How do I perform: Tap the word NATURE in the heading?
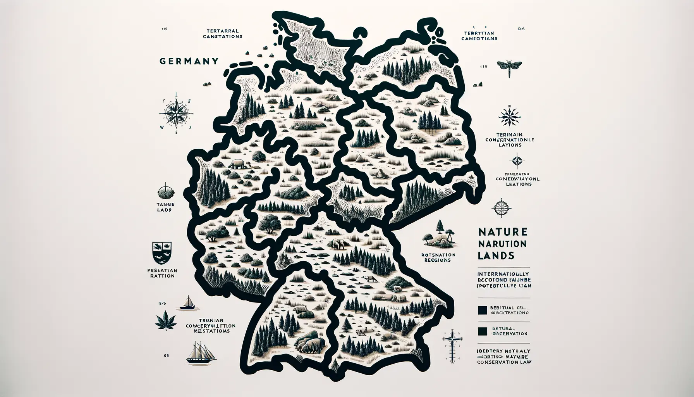click(x=502, y=232)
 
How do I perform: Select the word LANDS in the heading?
click(x=496, y=255)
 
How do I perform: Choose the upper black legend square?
click(x=482, y=310)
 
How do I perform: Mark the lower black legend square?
click(x=482, y=331)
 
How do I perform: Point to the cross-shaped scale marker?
click(x=450, y=343)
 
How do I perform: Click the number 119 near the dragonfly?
click(x=483, y=66)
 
